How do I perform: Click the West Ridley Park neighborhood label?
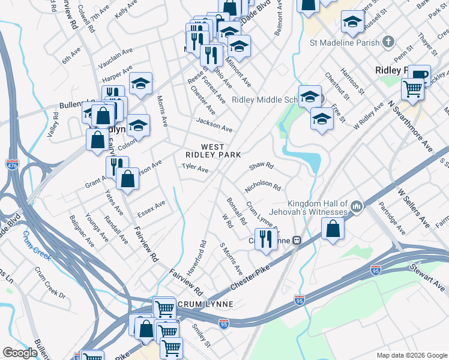click(212, 151)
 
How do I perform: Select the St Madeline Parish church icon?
click(389, 42)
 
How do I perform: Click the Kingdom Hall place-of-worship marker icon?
click(357, 208)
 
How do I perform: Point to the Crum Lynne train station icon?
click(297, 241)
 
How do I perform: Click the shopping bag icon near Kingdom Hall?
click(333, 229)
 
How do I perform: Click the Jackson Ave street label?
click(214, 125)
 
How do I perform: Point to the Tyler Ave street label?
click(195, 169)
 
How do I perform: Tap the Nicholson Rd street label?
click(263, 187)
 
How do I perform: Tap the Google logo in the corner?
click(20, 353)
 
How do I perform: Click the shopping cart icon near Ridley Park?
click(412, 89)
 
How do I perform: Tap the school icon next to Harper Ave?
click(140, 83)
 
